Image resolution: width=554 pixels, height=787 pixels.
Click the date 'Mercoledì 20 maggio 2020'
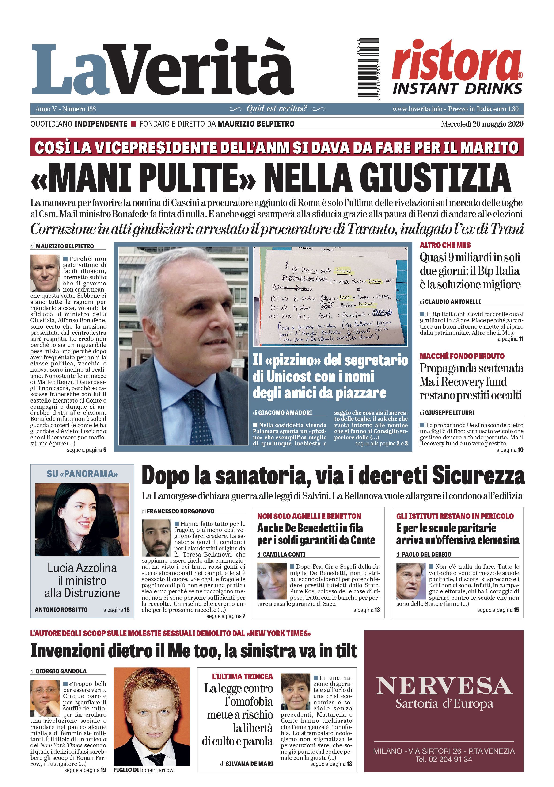(x=482, y=124)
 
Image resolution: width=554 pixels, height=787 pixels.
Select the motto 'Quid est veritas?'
(x=277, y=109)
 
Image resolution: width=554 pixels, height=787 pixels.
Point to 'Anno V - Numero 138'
(x=65, y=109)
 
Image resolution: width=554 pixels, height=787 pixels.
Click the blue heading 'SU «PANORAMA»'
(x=82, y=474)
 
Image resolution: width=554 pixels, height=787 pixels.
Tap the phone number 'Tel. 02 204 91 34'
(x=444, y=759)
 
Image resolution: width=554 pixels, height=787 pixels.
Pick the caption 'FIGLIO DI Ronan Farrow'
(x=144, y=770)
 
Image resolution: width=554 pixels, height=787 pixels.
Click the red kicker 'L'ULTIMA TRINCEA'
(x=242, y=677)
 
